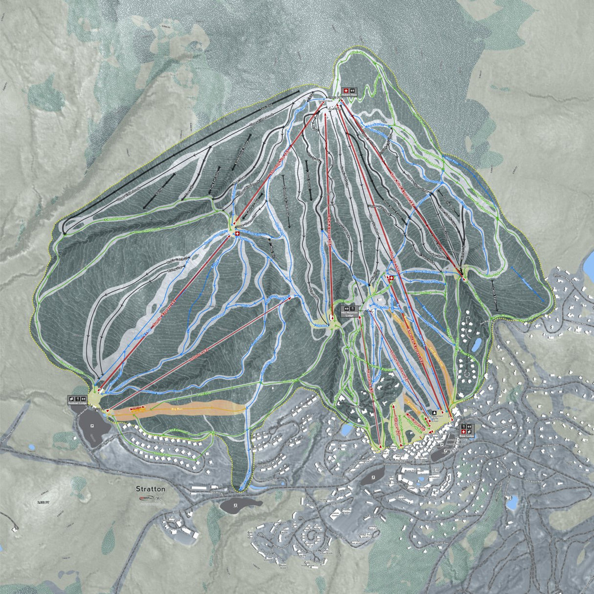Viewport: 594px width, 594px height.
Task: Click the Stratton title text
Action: [150, 489]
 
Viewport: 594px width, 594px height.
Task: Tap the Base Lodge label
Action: [466, 436]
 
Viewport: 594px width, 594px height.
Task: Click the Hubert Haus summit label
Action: [349, 97]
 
